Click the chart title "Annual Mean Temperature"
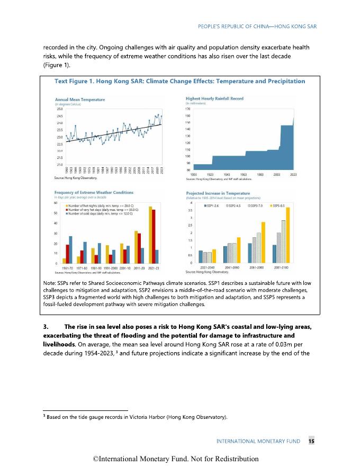pos(80,100)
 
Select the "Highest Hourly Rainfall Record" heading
pos(214,99)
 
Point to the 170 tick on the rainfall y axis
pos(187,109)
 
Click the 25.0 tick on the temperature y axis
pos(59,109)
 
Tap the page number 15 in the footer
pos(312,441)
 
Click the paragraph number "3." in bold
pos(46,325)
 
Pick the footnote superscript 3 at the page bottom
pos(44,417)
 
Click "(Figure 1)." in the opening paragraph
pos(57,66)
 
